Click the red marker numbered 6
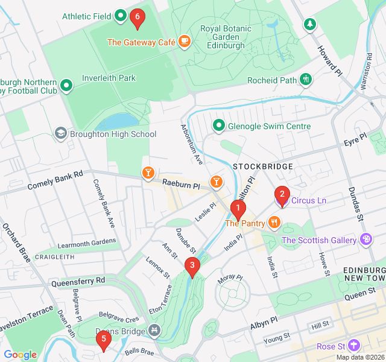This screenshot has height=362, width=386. click(x=137, y=19)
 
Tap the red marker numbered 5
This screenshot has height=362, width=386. click(x=103, y=340)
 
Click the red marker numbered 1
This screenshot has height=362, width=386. click(x=238, y=210)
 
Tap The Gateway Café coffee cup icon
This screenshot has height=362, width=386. click(x=184, y=42)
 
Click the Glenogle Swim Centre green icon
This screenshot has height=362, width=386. click(x=218, y=126)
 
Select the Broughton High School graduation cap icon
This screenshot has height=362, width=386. click(x=60, y=133)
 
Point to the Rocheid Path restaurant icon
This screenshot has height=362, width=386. click(x=306, y=80)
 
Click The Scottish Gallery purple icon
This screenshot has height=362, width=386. click(x=365, y=240)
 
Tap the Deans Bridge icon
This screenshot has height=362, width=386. click(x=154, y=331)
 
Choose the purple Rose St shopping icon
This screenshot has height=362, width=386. click(x=353, y=346)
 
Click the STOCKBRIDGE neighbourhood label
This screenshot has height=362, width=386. click(x=262, y=166)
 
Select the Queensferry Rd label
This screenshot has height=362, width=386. click(x=78, y=281)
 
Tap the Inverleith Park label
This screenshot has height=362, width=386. click(x=109, y=78)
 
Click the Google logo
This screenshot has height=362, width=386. click(x=20, y=355)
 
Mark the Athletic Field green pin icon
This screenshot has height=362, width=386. click(x=120, y=16)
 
